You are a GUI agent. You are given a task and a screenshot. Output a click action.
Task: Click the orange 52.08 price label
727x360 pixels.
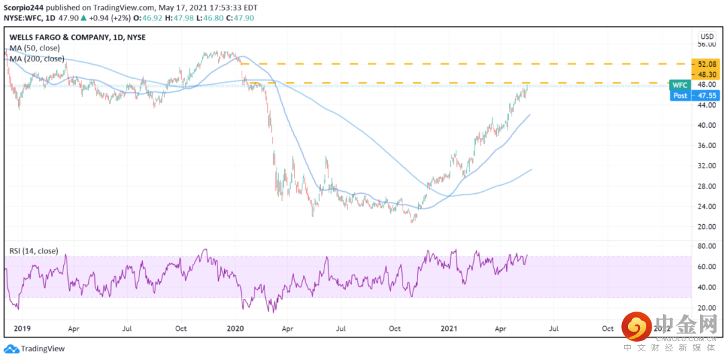(707, 63)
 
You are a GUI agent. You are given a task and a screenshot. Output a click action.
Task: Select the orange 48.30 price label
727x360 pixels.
(707, 74)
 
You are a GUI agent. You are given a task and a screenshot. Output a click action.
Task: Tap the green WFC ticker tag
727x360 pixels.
(680, 85)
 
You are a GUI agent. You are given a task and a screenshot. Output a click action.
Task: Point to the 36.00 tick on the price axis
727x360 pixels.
(707, 145)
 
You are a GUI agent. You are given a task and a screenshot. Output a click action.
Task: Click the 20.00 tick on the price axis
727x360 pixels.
(707, 226)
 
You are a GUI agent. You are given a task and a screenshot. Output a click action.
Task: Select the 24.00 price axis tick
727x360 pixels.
(707, 206)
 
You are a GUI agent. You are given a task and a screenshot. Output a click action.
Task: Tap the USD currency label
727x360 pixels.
(707, 36)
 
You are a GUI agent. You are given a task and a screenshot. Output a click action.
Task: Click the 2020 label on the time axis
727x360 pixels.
(235, 328)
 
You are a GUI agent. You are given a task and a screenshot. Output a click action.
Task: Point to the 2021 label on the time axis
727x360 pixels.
(450, 328)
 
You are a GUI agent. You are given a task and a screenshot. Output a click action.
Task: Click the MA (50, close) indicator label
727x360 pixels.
(35, 48)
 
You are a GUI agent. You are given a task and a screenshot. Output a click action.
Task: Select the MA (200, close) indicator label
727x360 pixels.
(37, 59)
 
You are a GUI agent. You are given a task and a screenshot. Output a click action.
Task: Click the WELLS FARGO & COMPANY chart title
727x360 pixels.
(77, 37)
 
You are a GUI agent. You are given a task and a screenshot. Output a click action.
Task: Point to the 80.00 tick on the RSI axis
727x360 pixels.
(707, 246)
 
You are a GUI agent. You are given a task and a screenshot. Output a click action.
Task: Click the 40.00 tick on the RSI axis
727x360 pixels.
(707, 287)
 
